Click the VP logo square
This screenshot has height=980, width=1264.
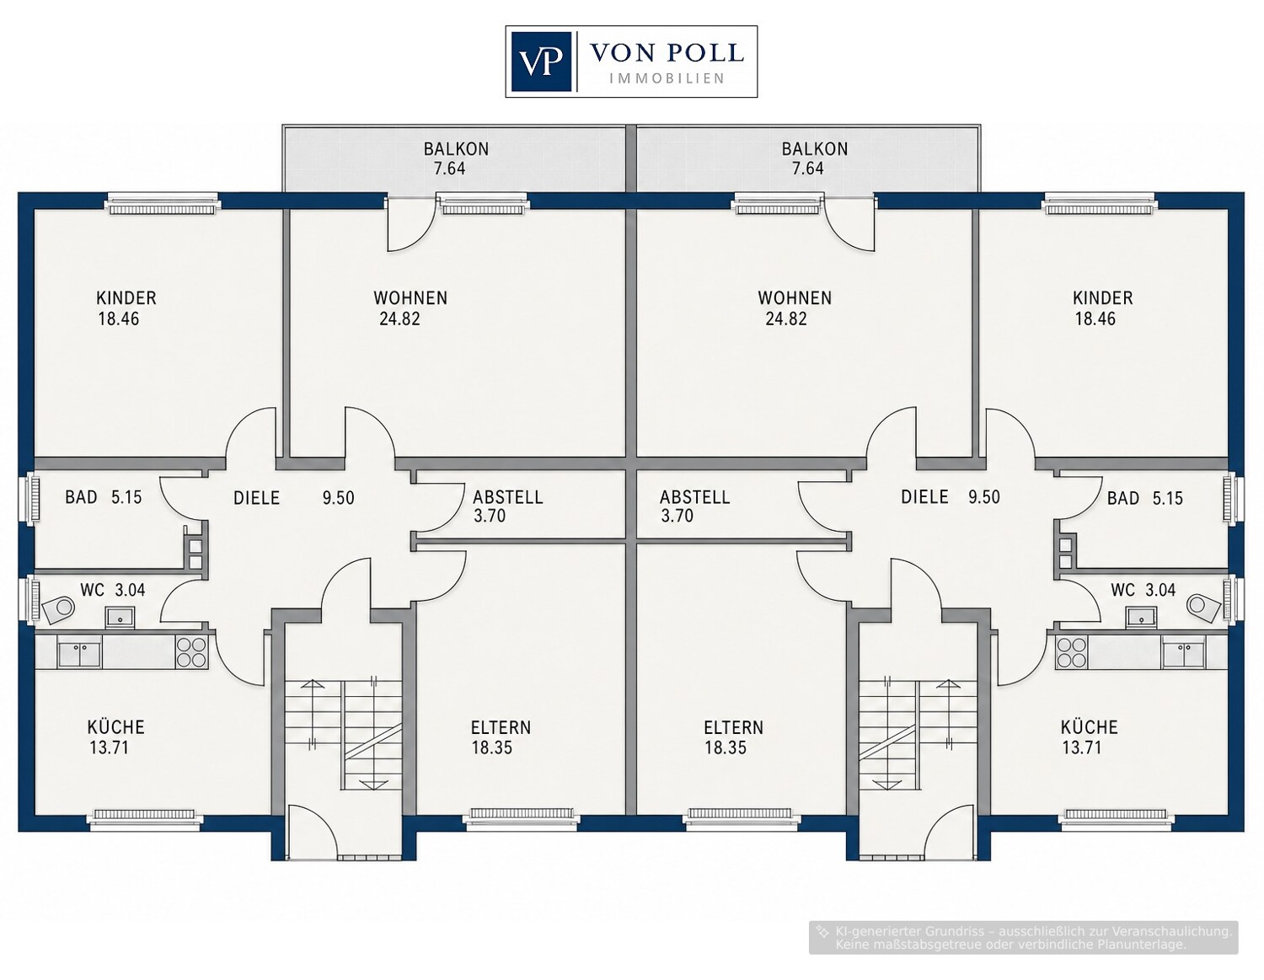[x=541, y=62]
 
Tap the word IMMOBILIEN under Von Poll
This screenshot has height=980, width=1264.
[x=667, y=78]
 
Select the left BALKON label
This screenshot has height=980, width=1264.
[x=456, y=149]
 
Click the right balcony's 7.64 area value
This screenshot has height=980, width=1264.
[x=808, y=169]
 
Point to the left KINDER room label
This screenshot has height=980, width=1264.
[x=126, y=298]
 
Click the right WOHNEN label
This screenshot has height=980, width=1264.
[x=795, y=298]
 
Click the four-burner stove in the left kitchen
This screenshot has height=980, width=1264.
[x=192, y=651]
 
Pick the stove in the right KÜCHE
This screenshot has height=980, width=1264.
[x=1072, y=651]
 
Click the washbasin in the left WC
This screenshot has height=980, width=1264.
[x=120, y=617]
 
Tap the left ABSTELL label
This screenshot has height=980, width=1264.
[x=508, y=497]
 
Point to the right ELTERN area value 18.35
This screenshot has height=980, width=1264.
[x=726, y=747]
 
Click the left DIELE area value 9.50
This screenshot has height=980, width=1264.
[x=339, y=498]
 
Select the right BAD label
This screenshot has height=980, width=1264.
[x=1122, y=499]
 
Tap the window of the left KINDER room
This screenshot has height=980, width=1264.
[x=163, y=206]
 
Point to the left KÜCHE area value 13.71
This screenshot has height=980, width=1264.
[x=109, y=747]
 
